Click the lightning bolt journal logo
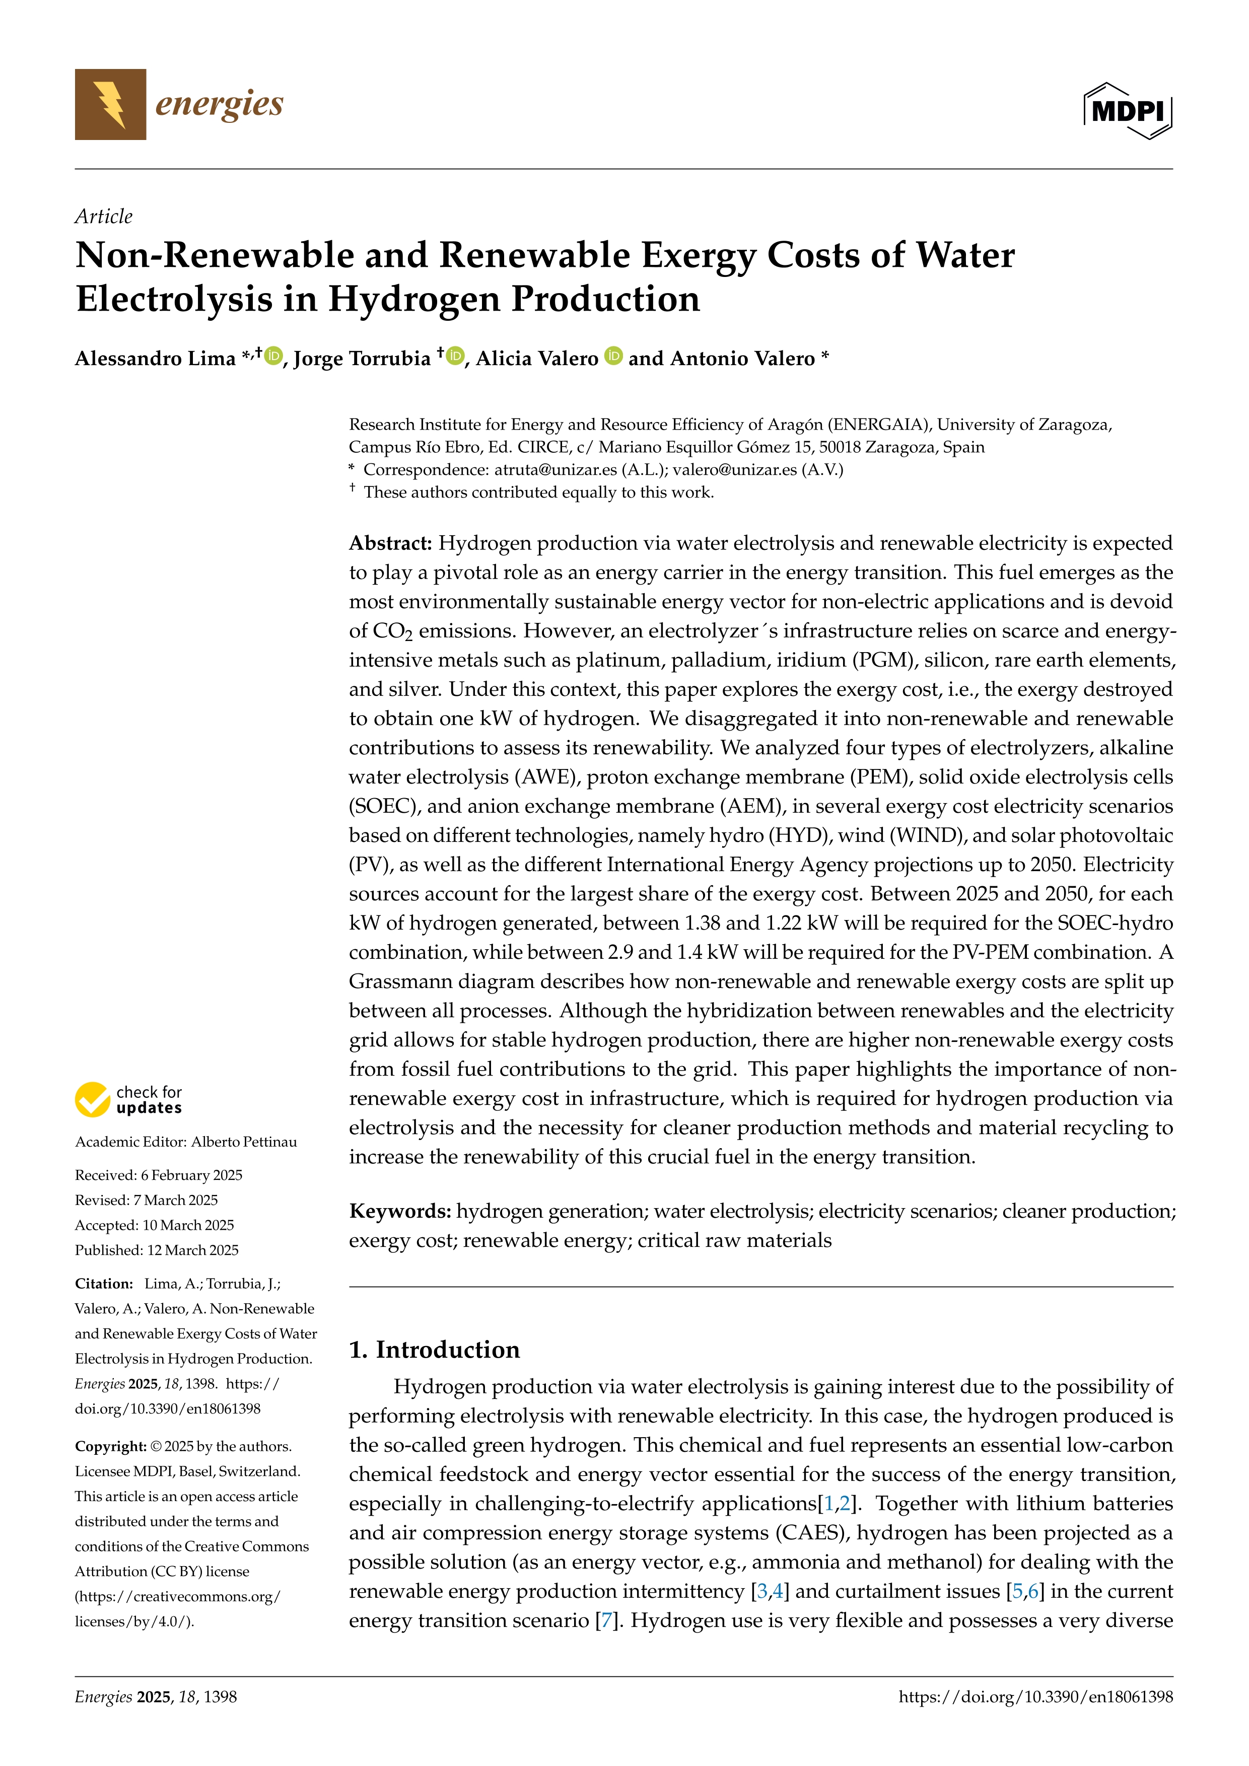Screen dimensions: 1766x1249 110,105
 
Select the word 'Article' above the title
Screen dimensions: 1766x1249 103,216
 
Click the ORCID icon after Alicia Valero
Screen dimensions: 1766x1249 613,356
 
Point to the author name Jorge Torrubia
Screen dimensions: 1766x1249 362,359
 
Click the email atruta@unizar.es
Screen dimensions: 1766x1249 556,470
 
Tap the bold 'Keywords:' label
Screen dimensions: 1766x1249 400,1212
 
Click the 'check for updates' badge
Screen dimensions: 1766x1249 128,1100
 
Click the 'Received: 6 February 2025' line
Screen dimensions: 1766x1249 159,1175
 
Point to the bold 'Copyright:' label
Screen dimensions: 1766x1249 110,1447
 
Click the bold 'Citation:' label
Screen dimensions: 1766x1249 104,1284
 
